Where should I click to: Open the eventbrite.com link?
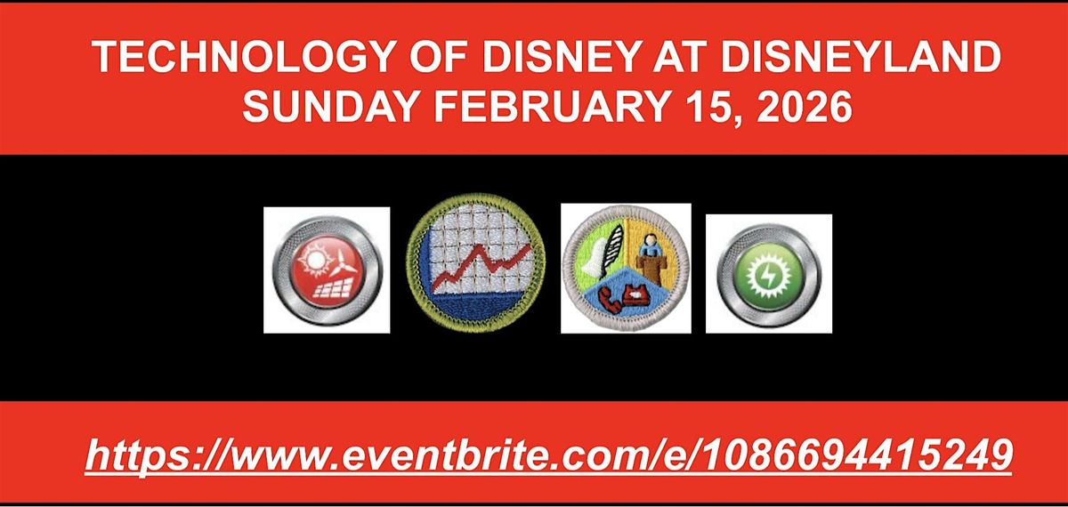pyautogui.click(x=549, y=455)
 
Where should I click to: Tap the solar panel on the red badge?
pyautogui.click(x=328, y=290)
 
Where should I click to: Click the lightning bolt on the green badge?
pyautogui.click(x=768, y=275)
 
